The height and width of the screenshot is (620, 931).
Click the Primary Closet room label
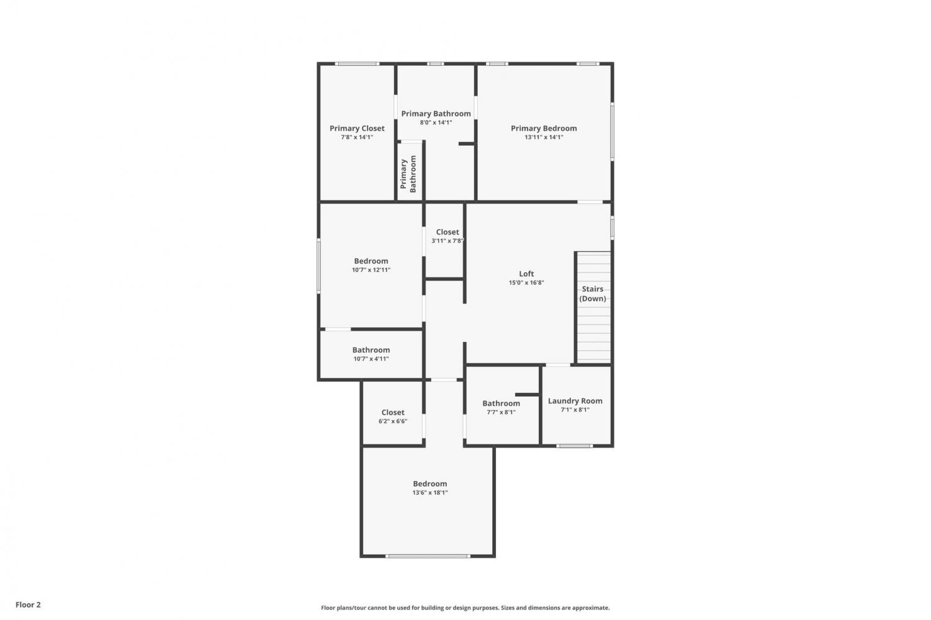coord(357,128)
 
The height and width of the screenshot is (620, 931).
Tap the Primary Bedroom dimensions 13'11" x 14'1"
coord(544,137)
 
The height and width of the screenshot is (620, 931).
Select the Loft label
coord(526,274)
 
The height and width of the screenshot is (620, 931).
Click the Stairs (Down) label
coord(592,294)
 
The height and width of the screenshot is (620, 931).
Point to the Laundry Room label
coord(575,401)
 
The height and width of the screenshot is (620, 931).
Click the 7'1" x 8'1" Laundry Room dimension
coord(575,410)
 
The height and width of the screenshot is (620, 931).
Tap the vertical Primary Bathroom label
coord(408,174)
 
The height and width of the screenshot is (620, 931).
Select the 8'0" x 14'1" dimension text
coord(436,123)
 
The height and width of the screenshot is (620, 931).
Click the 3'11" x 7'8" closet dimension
coord(448,241)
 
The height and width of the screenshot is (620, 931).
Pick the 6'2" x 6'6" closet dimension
coord(393,421)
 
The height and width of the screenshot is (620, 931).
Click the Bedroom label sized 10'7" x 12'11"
coord(371,261)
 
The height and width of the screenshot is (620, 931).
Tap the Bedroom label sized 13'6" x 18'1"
coord(430,483)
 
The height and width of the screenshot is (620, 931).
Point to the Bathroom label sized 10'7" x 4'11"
coord(371,350)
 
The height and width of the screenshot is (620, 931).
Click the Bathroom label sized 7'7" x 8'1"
coord(501,403)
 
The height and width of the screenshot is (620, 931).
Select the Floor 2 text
coord(29,604)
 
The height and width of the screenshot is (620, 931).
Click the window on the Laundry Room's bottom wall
coord(574,446)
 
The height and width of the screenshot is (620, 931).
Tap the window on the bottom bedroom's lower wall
coord(427,556)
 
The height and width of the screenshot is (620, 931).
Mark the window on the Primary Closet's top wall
coord(357,63)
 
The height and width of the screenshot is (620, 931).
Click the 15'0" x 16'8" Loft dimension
coord(526,283)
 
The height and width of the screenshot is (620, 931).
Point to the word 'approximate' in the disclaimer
coord(591,608)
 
